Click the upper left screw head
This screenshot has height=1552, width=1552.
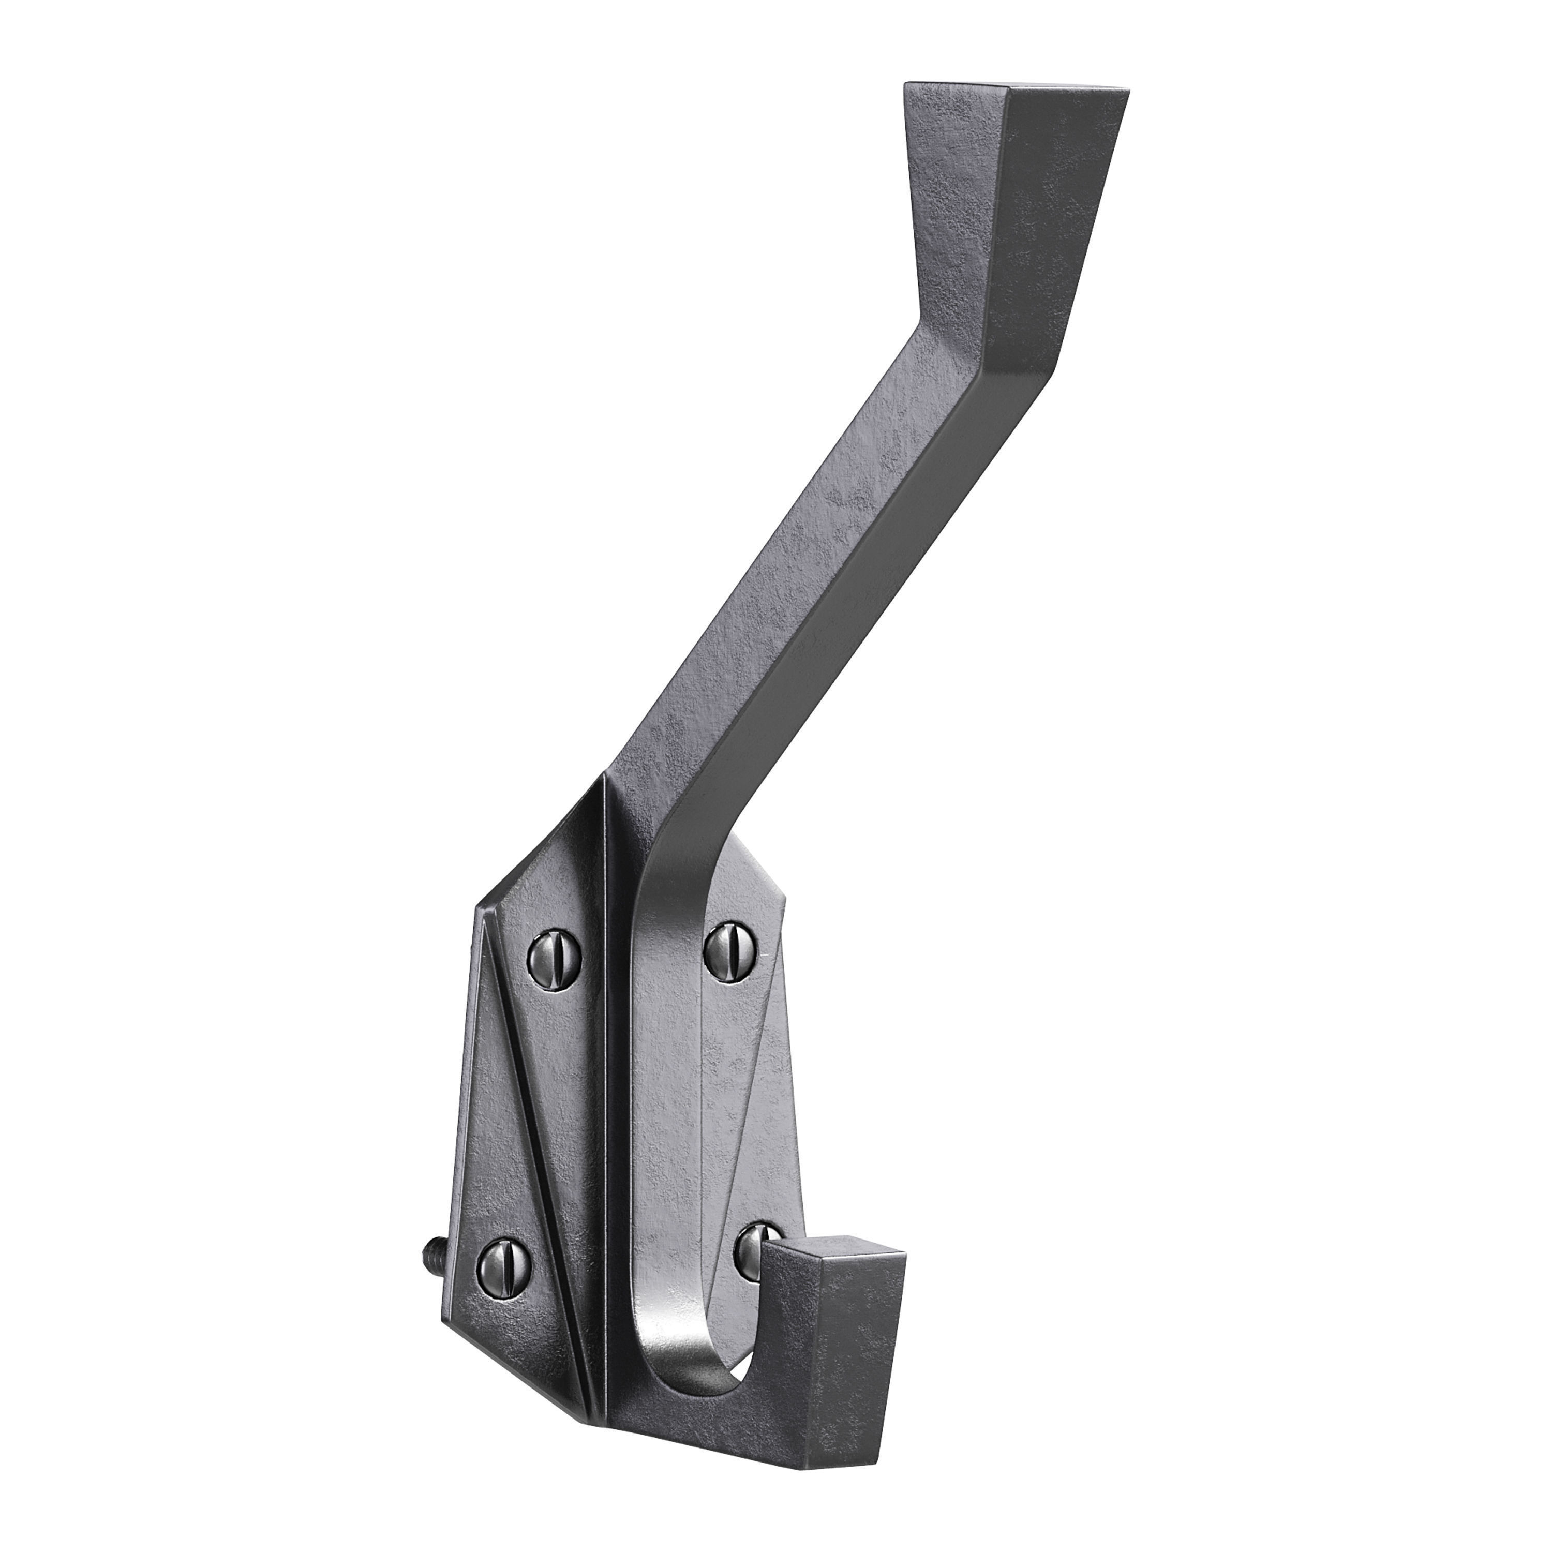(554, 958)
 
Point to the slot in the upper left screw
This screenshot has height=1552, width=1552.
(554, 958)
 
